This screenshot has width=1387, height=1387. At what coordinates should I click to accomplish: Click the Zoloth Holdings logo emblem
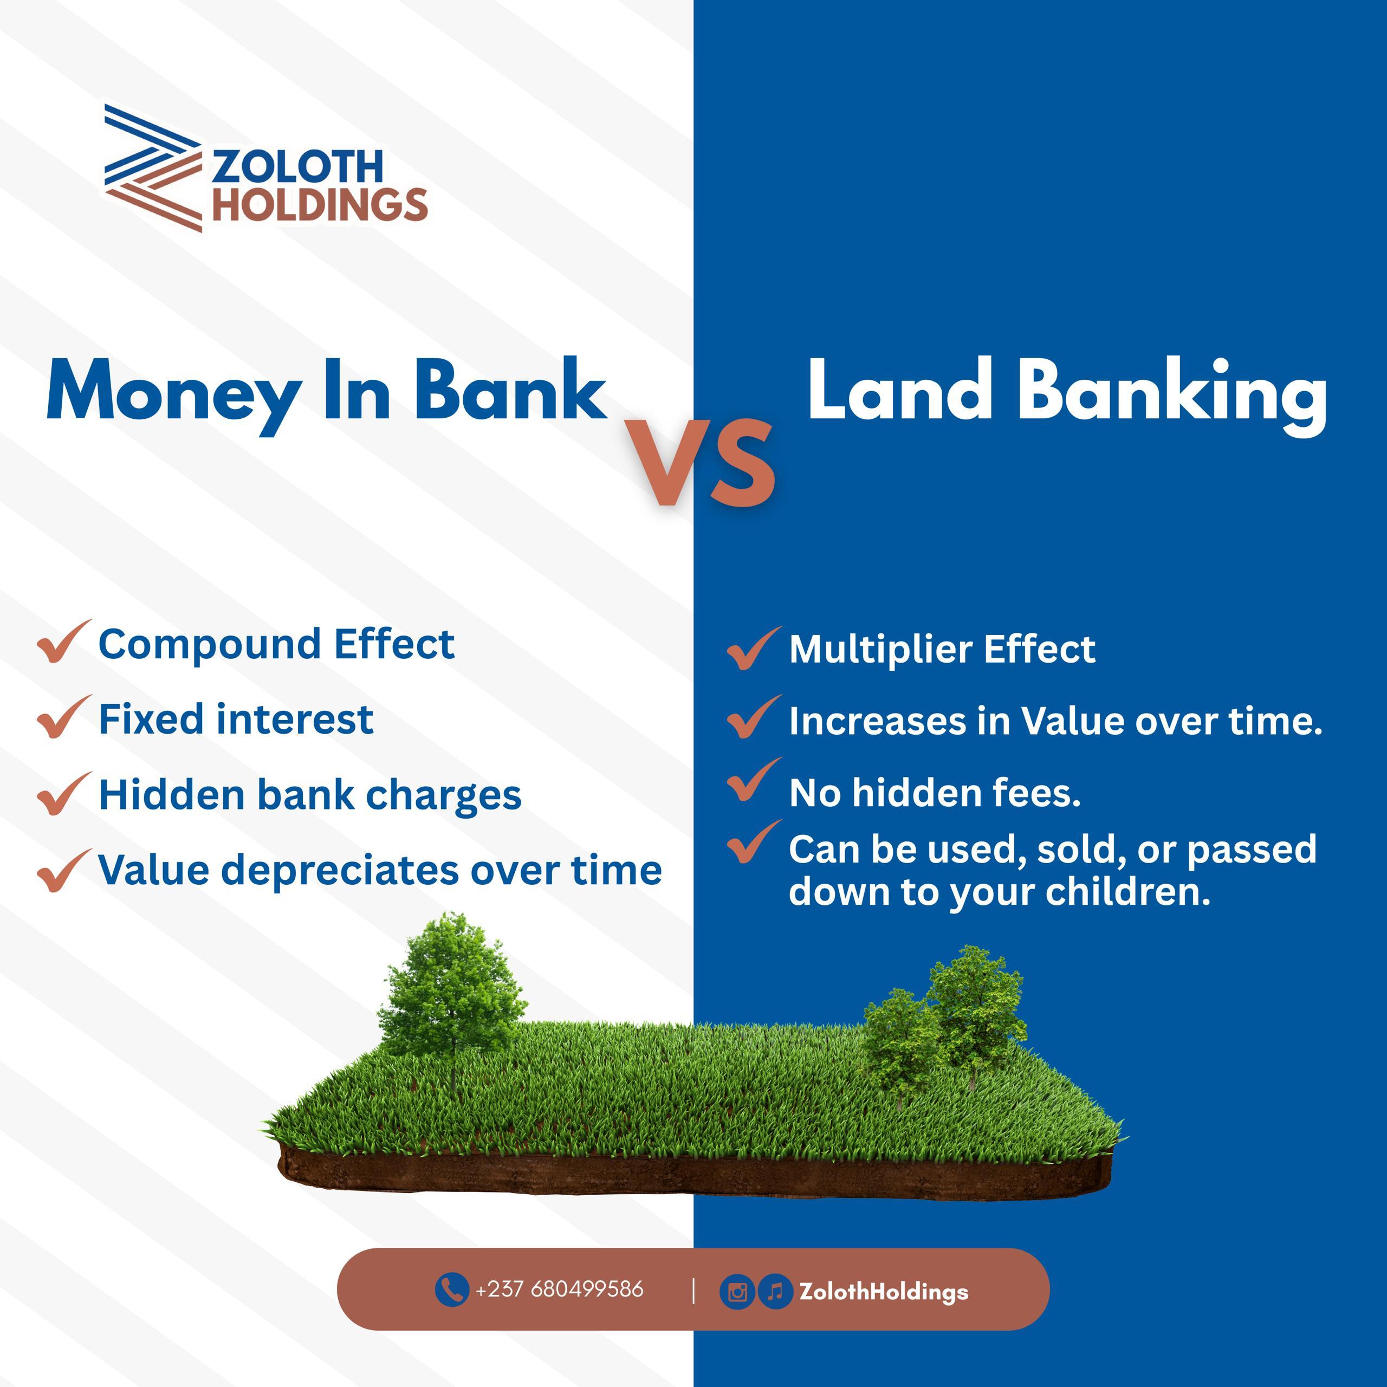coord(152,168)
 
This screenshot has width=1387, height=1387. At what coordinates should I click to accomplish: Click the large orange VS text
coord(700,463)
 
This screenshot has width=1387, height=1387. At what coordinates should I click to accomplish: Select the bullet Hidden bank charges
coord(310,795)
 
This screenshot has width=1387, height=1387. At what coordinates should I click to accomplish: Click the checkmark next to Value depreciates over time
coord(63,870)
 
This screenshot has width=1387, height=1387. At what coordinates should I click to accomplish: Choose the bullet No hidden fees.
coord(935,793)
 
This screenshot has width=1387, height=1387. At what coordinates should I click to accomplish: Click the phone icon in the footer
coord(451,1290)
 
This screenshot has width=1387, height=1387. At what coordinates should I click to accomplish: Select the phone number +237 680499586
coord(559,1289)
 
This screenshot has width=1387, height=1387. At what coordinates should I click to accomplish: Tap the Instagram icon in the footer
coord(737,1292)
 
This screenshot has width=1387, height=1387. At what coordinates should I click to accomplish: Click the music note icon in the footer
coord(775,1292)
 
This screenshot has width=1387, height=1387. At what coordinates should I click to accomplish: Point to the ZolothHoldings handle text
coord(884,1292)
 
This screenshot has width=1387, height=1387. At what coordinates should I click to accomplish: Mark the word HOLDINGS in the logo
coord(320,205)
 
